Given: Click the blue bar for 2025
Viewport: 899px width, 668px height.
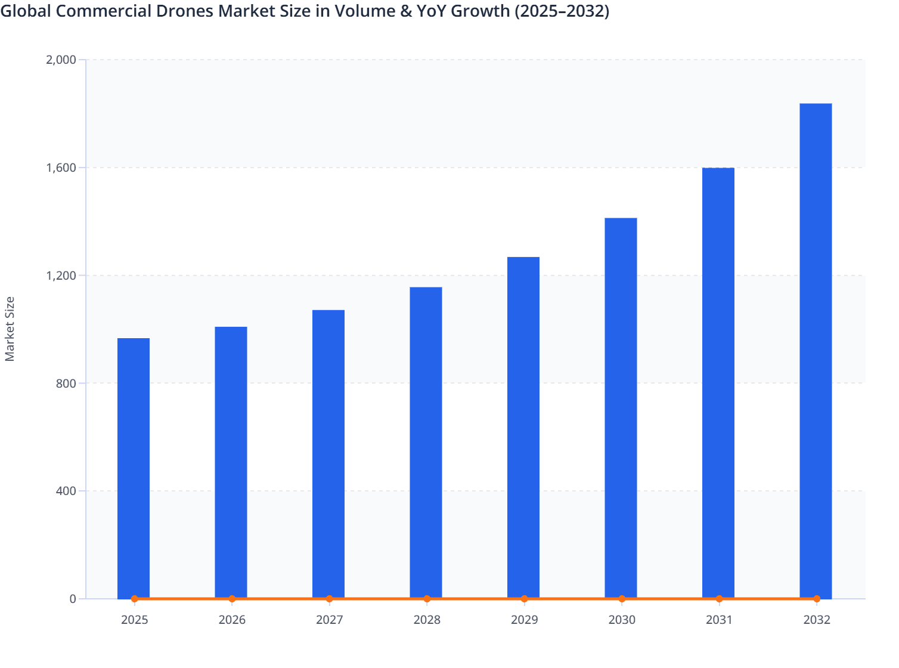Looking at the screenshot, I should (134, 468).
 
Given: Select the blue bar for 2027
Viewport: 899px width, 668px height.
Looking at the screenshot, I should (328, 454).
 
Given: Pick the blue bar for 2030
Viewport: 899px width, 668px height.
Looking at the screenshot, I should (621, 408).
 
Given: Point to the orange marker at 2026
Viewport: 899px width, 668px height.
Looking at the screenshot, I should (232, 599).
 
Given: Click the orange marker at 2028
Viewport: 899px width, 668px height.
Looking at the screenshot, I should (427, 599).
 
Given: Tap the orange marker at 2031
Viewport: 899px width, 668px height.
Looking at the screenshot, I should (719, 599).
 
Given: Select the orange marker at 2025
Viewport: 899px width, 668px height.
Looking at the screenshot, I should (135, 599).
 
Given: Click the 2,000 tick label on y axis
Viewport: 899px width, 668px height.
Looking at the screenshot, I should (61, 60).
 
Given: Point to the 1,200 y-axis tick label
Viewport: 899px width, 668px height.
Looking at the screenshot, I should (61, 276).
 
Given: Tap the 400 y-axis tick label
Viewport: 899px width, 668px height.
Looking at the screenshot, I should (66, 491).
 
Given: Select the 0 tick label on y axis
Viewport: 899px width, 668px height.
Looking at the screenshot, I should (73, 599).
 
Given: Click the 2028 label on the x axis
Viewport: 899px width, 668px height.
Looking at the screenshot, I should (427, 620).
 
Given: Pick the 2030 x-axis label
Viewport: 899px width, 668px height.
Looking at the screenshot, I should (622, 620).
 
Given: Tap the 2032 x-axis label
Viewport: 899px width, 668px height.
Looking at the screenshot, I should (817, 620).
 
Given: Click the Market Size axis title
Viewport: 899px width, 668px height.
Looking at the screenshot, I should (10, 329).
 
